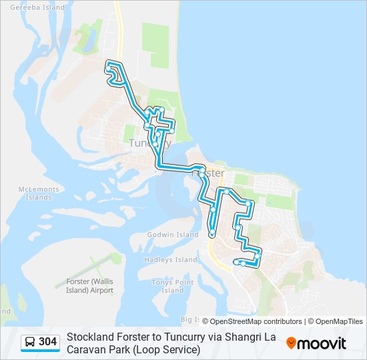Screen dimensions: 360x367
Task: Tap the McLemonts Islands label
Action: (x=39, y=193)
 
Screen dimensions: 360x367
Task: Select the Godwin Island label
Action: (x=173, y=235)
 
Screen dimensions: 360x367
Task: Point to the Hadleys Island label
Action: (x=171, y=259)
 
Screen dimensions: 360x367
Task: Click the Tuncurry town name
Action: (x=149, y=143)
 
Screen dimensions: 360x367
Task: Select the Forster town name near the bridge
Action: (x=208, y=173)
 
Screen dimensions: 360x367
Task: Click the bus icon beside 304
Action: (x=30, y=343)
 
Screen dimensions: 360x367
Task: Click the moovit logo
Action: (x=316, y=343)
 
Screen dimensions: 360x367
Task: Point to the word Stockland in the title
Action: (x=91, y=337)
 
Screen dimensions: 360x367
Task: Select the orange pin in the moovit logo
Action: (x=291, y=343)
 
